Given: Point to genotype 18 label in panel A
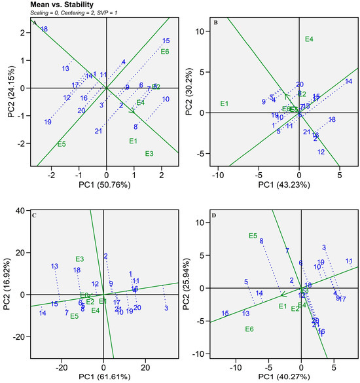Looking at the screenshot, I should pyautogui.click(x=44, y=29).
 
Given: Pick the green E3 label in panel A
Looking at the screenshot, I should pyautogui.click(x=149, y=154).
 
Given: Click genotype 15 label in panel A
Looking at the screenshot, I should pyautogui.click(x=166, y=41).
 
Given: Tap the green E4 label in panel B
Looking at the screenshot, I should pyautogui.click(x=309, y=39).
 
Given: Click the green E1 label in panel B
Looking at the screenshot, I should pyautogui.click(x=225, y=103).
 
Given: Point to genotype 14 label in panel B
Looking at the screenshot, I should pyautogui.click(x=348, y=81).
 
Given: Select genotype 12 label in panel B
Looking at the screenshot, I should pyautogui.click(x=321, y=152).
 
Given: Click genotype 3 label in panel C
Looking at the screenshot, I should pyautogui.click(x=166, y=308).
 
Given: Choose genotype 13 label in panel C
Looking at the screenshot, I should pyautogui.click(x=55, y=266).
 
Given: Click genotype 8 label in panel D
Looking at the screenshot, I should pyautogui.click(x=261, y=241).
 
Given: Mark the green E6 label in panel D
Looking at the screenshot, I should pyautogui.click(x=249, y=329).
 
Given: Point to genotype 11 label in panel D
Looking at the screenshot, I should pyautogui.click(x=349, y=261).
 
